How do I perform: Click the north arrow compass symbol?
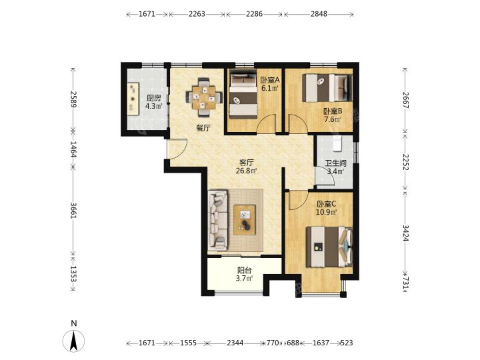[x=73, y=341]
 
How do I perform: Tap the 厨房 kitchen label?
[x=153, y=98]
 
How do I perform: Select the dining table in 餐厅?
[x=203, y=97]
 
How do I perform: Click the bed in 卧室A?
[x=243, y=94]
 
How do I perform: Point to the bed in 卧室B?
[x=327, y=88]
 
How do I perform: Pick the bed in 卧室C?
[x=329, y=247]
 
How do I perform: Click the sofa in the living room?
[x=218, y=220]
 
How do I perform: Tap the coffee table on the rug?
[x=245, y=219]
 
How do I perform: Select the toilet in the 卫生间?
[x=337, y=143]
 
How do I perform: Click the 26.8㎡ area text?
[x=246, y=171]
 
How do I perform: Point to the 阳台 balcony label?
[x=244, y=271]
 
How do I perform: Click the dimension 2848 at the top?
[x=319, y=14]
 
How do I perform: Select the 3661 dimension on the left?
[x=73, y=210]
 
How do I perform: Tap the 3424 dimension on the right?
[x=405, y=233]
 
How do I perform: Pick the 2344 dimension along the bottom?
[x=235, y=343]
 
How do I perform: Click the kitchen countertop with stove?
[x=133, y=99]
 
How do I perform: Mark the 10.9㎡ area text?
[x=327, y=211]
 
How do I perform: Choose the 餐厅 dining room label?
[x=203, y=128]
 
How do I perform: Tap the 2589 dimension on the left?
[x=73, y=99]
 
